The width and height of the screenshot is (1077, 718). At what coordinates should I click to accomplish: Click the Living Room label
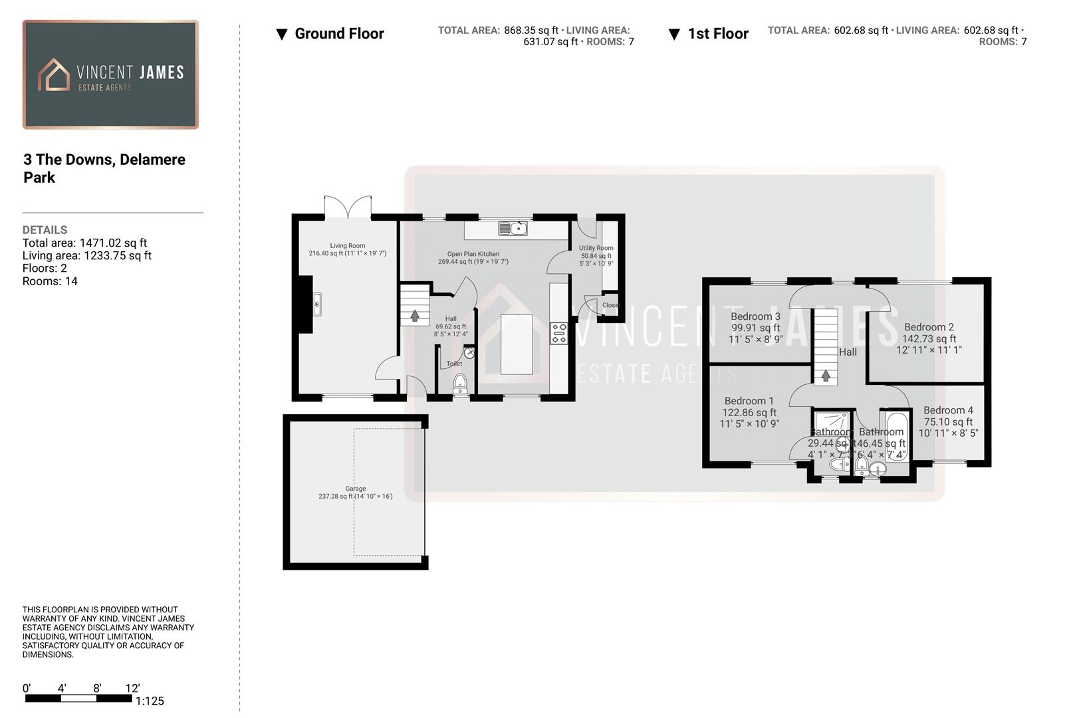tap(347, 245)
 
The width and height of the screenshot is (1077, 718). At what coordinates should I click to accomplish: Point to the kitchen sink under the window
tap(513, 229)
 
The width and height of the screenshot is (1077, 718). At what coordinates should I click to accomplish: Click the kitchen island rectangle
tap(517, 344)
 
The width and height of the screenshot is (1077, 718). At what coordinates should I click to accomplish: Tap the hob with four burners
tap(559, 333)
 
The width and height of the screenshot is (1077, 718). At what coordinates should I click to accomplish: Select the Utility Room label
tap(596, 248)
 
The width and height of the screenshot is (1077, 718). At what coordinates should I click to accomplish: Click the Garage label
tap(355, 489)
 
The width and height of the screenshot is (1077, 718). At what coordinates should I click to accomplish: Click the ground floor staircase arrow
tap(415, 316)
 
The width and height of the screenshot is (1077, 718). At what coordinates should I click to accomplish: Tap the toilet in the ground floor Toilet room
tap(459, 383)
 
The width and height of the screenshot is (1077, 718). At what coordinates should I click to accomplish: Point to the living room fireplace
tap(316, 304)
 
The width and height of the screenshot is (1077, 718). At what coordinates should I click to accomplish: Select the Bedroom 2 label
tap(929, 327)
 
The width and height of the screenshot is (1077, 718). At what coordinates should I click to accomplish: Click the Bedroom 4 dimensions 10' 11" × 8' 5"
tap(948, 433)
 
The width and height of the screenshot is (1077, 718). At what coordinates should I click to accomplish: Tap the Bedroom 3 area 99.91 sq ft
tap(755, 328)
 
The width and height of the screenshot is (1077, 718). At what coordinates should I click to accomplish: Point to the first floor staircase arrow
tap(826, 376)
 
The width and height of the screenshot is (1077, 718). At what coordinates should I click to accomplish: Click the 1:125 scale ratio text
tap(150, 701)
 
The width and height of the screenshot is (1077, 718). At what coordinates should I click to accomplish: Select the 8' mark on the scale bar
tap(97, 689)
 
